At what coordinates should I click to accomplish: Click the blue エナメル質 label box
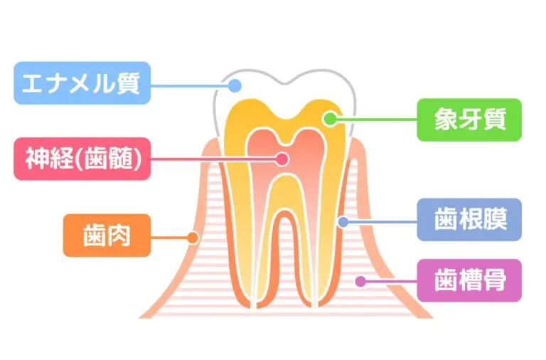(82, 83)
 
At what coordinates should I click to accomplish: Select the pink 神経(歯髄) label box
(82, 158)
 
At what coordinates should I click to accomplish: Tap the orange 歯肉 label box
(107, 235)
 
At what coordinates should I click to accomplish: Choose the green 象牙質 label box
(469, 120)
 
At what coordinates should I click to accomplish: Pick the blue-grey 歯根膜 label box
(469, 219)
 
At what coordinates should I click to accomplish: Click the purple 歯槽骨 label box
(469, 280)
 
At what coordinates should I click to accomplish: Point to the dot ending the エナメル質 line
(233, 85)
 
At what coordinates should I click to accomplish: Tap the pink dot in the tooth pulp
(283, 158)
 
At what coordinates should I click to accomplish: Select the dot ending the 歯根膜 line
(343, 221)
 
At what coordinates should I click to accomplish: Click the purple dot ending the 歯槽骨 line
(360, 281)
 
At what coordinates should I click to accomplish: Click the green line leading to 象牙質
(377, 120)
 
